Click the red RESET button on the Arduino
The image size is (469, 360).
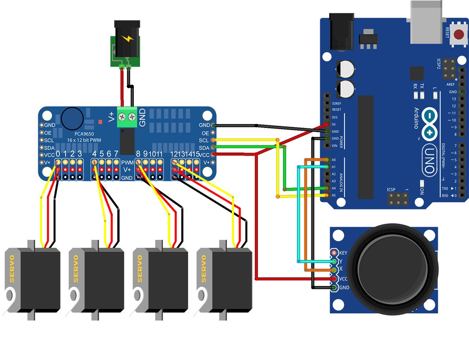(459, 35)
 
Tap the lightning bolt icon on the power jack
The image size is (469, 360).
(128, 38)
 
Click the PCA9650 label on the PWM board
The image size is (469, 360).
(84, 134)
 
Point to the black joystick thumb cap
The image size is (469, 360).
(392, 270)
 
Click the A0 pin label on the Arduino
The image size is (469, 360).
(334, 160)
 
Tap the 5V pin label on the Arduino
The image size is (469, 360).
(334, 125)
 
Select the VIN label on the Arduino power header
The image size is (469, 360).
(334, 146)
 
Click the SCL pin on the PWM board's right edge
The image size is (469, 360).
(213, 140)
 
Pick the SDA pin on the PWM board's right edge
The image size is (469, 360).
(213, 148)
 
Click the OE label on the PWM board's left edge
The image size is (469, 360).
(48, 133)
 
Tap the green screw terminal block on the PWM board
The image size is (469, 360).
(127, 117)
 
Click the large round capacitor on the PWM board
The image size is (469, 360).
(72, 118)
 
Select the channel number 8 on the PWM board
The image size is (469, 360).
(138, 154)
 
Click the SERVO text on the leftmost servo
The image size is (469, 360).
(12, 269)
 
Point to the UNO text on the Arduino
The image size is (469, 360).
(430, 161)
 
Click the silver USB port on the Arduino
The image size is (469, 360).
(426, 22)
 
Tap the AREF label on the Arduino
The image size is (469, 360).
(450, 85)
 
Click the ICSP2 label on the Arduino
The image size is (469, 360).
(439, 64)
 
